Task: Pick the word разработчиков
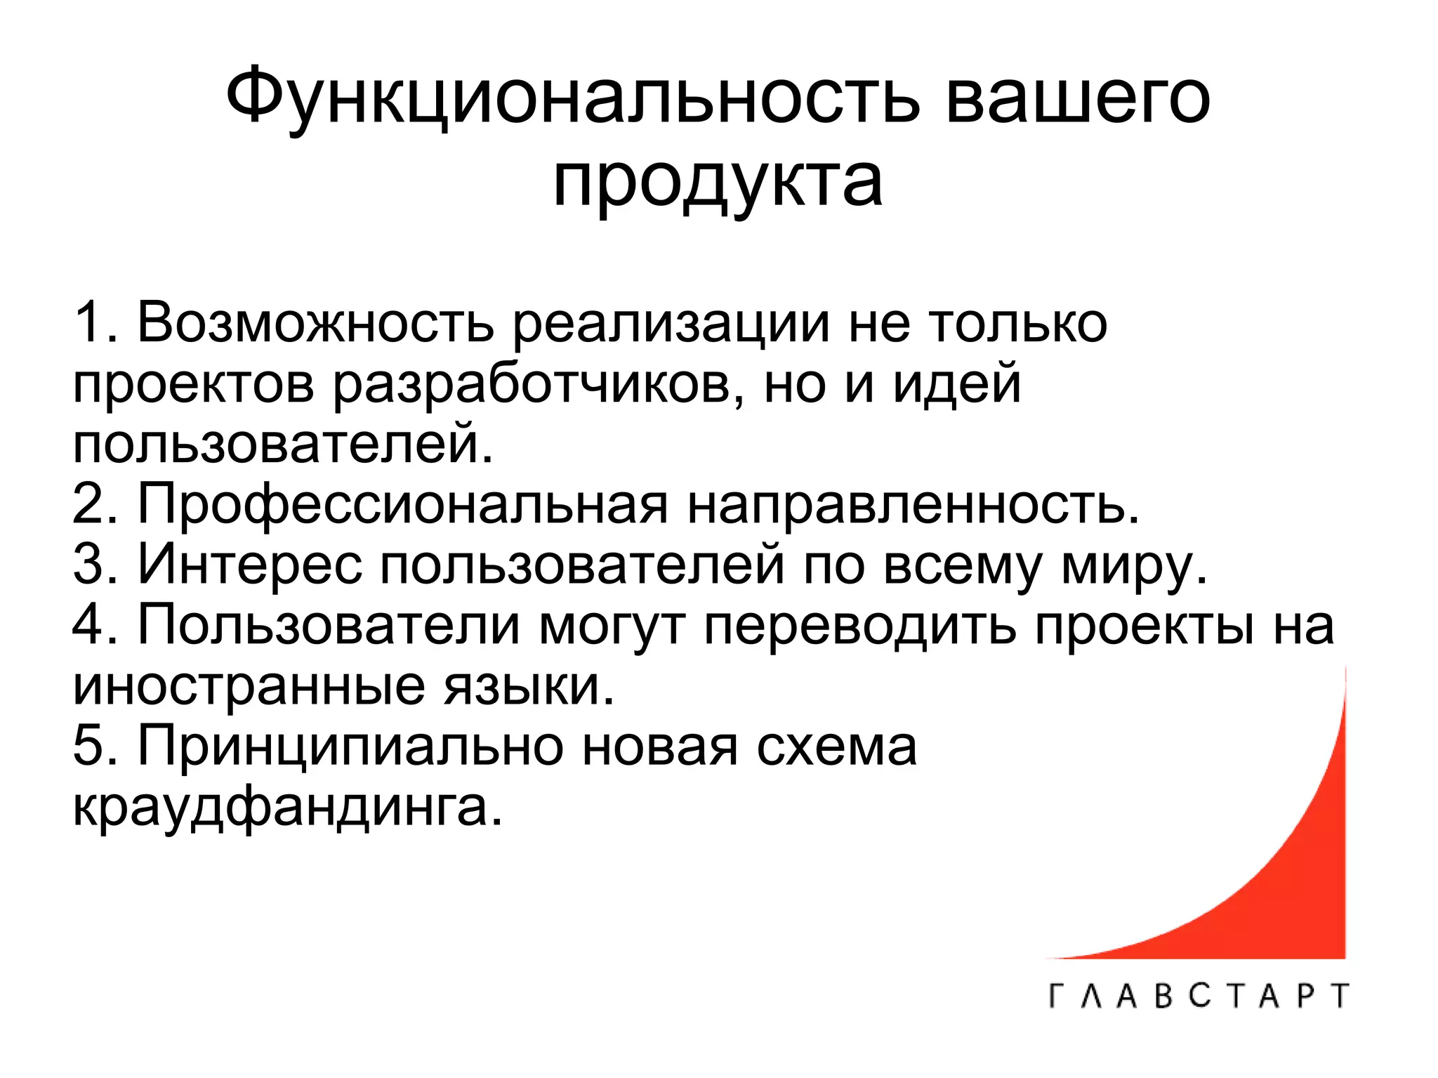[x=538, y=385]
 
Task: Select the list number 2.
[x=94, y=504]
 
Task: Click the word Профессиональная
[x=403, y=504]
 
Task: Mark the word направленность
[x=912, y=504]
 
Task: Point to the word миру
[x=1134, y=565]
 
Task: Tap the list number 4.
[x=94, y=624]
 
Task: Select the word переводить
[x=860, y=624]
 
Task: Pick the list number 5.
[x=94, y=746]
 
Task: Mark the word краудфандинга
[x=288, y=808]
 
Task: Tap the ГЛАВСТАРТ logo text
[x=1199, y=996]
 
